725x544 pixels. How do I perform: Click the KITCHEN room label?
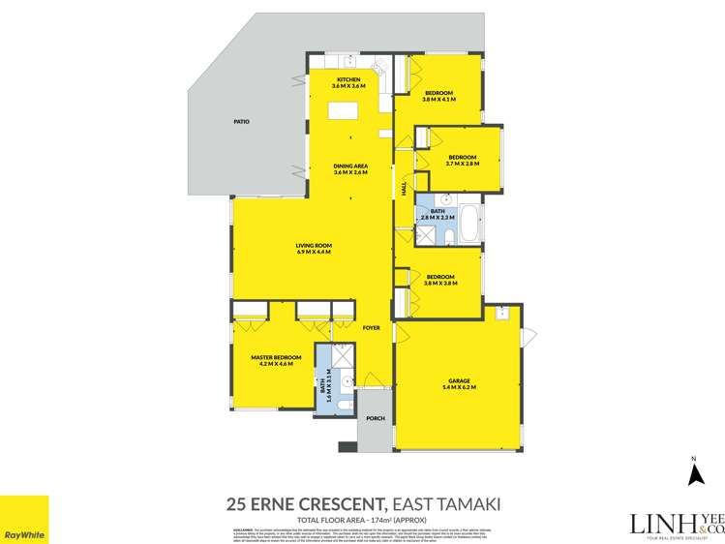pos(348,79)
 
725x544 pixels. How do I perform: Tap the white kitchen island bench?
pos(342,110)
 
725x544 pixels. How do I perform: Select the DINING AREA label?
pos(348,166)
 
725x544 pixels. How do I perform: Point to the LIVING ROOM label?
pos(314,246)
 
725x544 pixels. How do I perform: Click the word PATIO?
pos(242,122)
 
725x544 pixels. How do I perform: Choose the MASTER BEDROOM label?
pos(276,357)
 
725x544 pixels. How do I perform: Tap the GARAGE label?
pos(459,381)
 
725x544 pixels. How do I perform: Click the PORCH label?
pos(376,418)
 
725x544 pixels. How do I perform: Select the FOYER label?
pos(372,328)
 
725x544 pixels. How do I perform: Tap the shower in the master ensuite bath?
pos(323,355)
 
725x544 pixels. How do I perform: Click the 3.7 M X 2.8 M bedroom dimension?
pos(462,164)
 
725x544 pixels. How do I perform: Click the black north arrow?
pos(693,473)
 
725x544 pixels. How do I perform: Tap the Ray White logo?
pos(24,520)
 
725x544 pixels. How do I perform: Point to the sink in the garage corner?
pos(501,313)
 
